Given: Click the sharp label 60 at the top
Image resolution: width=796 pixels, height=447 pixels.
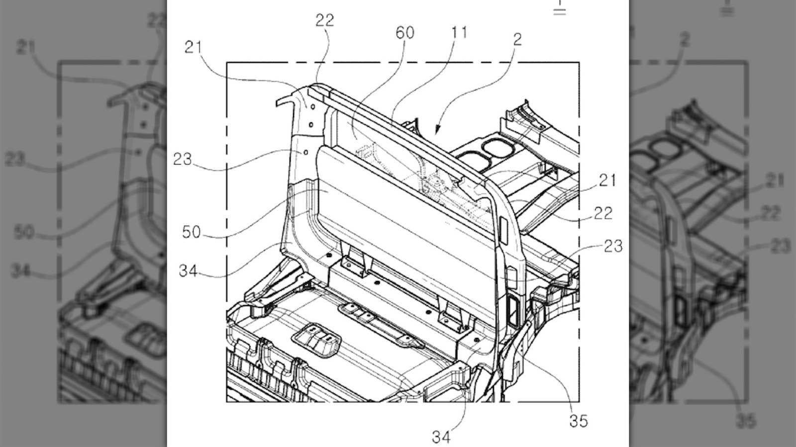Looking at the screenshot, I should click(404, 33).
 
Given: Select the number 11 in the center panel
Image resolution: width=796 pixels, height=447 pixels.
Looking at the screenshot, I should click(459, 32).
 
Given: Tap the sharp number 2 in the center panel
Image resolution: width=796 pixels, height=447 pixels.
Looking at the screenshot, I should click(517, 39).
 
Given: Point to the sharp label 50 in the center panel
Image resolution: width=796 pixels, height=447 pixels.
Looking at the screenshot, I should click(191, 232).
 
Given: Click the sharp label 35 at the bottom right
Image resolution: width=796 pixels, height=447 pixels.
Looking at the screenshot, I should click(579, 421).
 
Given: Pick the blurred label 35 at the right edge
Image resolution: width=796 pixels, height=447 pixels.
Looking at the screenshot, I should click(746, 421).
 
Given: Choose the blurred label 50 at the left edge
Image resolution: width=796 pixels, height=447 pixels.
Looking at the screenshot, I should click(23, 232).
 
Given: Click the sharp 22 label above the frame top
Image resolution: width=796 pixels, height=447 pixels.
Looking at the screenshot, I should click(325, 20).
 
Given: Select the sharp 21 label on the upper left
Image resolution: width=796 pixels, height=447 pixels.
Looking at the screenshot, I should click(193, 47).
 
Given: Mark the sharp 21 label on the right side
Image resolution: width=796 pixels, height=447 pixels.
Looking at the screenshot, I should click(607, 180).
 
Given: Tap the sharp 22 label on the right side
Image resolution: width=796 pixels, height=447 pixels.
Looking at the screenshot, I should click(603, 213).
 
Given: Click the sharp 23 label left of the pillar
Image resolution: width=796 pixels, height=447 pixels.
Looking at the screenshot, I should click(182, 159).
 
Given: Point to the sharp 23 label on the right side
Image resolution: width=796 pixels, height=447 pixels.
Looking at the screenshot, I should click(613, 246).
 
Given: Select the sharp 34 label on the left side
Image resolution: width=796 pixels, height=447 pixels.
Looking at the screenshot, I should click(188, 271).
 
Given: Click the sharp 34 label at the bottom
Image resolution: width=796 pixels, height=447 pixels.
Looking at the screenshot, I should click(441, 437).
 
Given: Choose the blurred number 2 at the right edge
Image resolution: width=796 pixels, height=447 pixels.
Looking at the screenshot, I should click(685, 39).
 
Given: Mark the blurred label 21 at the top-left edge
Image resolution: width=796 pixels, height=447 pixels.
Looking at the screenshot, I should click(25, 47).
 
